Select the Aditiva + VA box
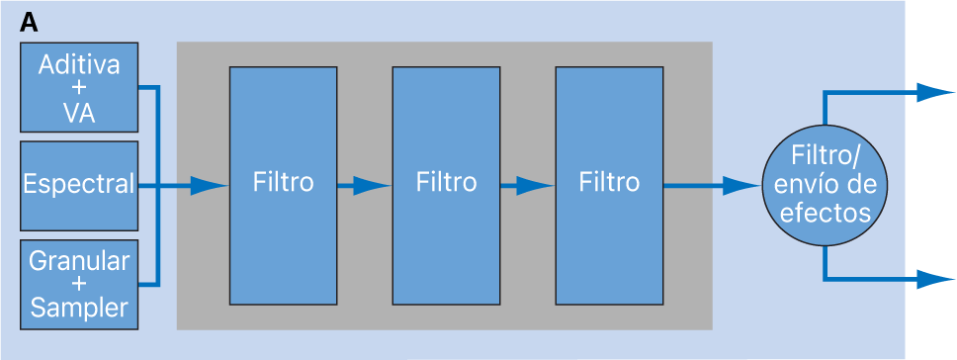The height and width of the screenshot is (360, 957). (79, 88)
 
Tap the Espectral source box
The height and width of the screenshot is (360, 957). (79, 184)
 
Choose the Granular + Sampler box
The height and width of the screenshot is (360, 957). (79, 284)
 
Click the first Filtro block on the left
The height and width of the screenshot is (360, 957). (283, 185)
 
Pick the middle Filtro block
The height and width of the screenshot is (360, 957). (446, 185)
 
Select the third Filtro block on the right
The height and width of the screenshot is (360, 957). (609, 185)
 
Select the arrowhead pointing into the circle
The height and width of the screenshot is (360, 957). (744, 185)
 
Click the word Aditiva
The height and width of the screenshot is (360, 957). (79, 66)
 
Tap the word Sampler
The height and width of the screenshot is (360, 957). (79, 308)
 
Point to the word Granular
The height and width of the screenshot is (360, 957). (79, 261)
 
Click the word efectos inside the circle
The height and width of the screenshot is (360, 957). (825, 212)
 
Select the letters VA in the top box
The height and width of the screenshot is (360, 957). (79, 113)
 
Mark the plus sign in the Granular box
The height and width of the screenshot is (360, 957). (79, 285)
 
